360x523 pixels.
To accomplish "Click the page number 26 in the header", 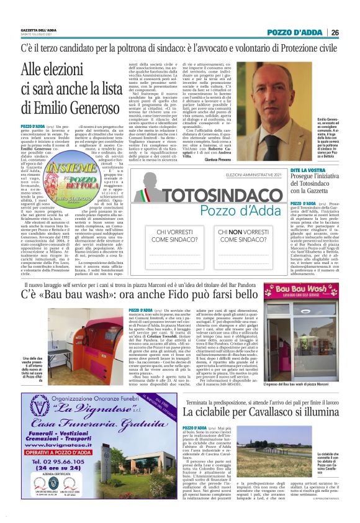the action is [x=335, y=32].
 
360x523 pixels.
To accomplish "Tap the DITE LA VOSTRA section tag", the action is [x=308, y=170].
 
